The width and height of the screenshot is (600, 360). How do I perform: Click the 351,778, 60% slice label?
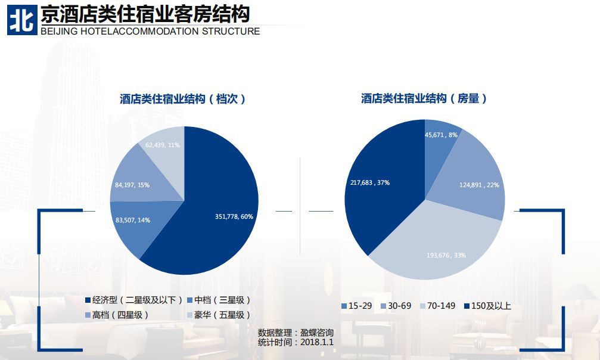coord(234,216)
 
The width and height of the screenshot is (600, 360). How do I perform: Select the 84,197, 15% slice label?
coord(132,185)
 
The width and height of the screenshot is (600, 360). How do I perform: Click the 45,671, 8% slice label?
coord(441,135)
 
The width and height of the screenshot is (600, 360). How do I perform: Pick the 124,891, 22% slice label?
coord(479,185)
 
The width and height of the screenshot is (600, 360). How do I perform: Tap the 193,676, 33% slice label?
coord(446,255)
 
